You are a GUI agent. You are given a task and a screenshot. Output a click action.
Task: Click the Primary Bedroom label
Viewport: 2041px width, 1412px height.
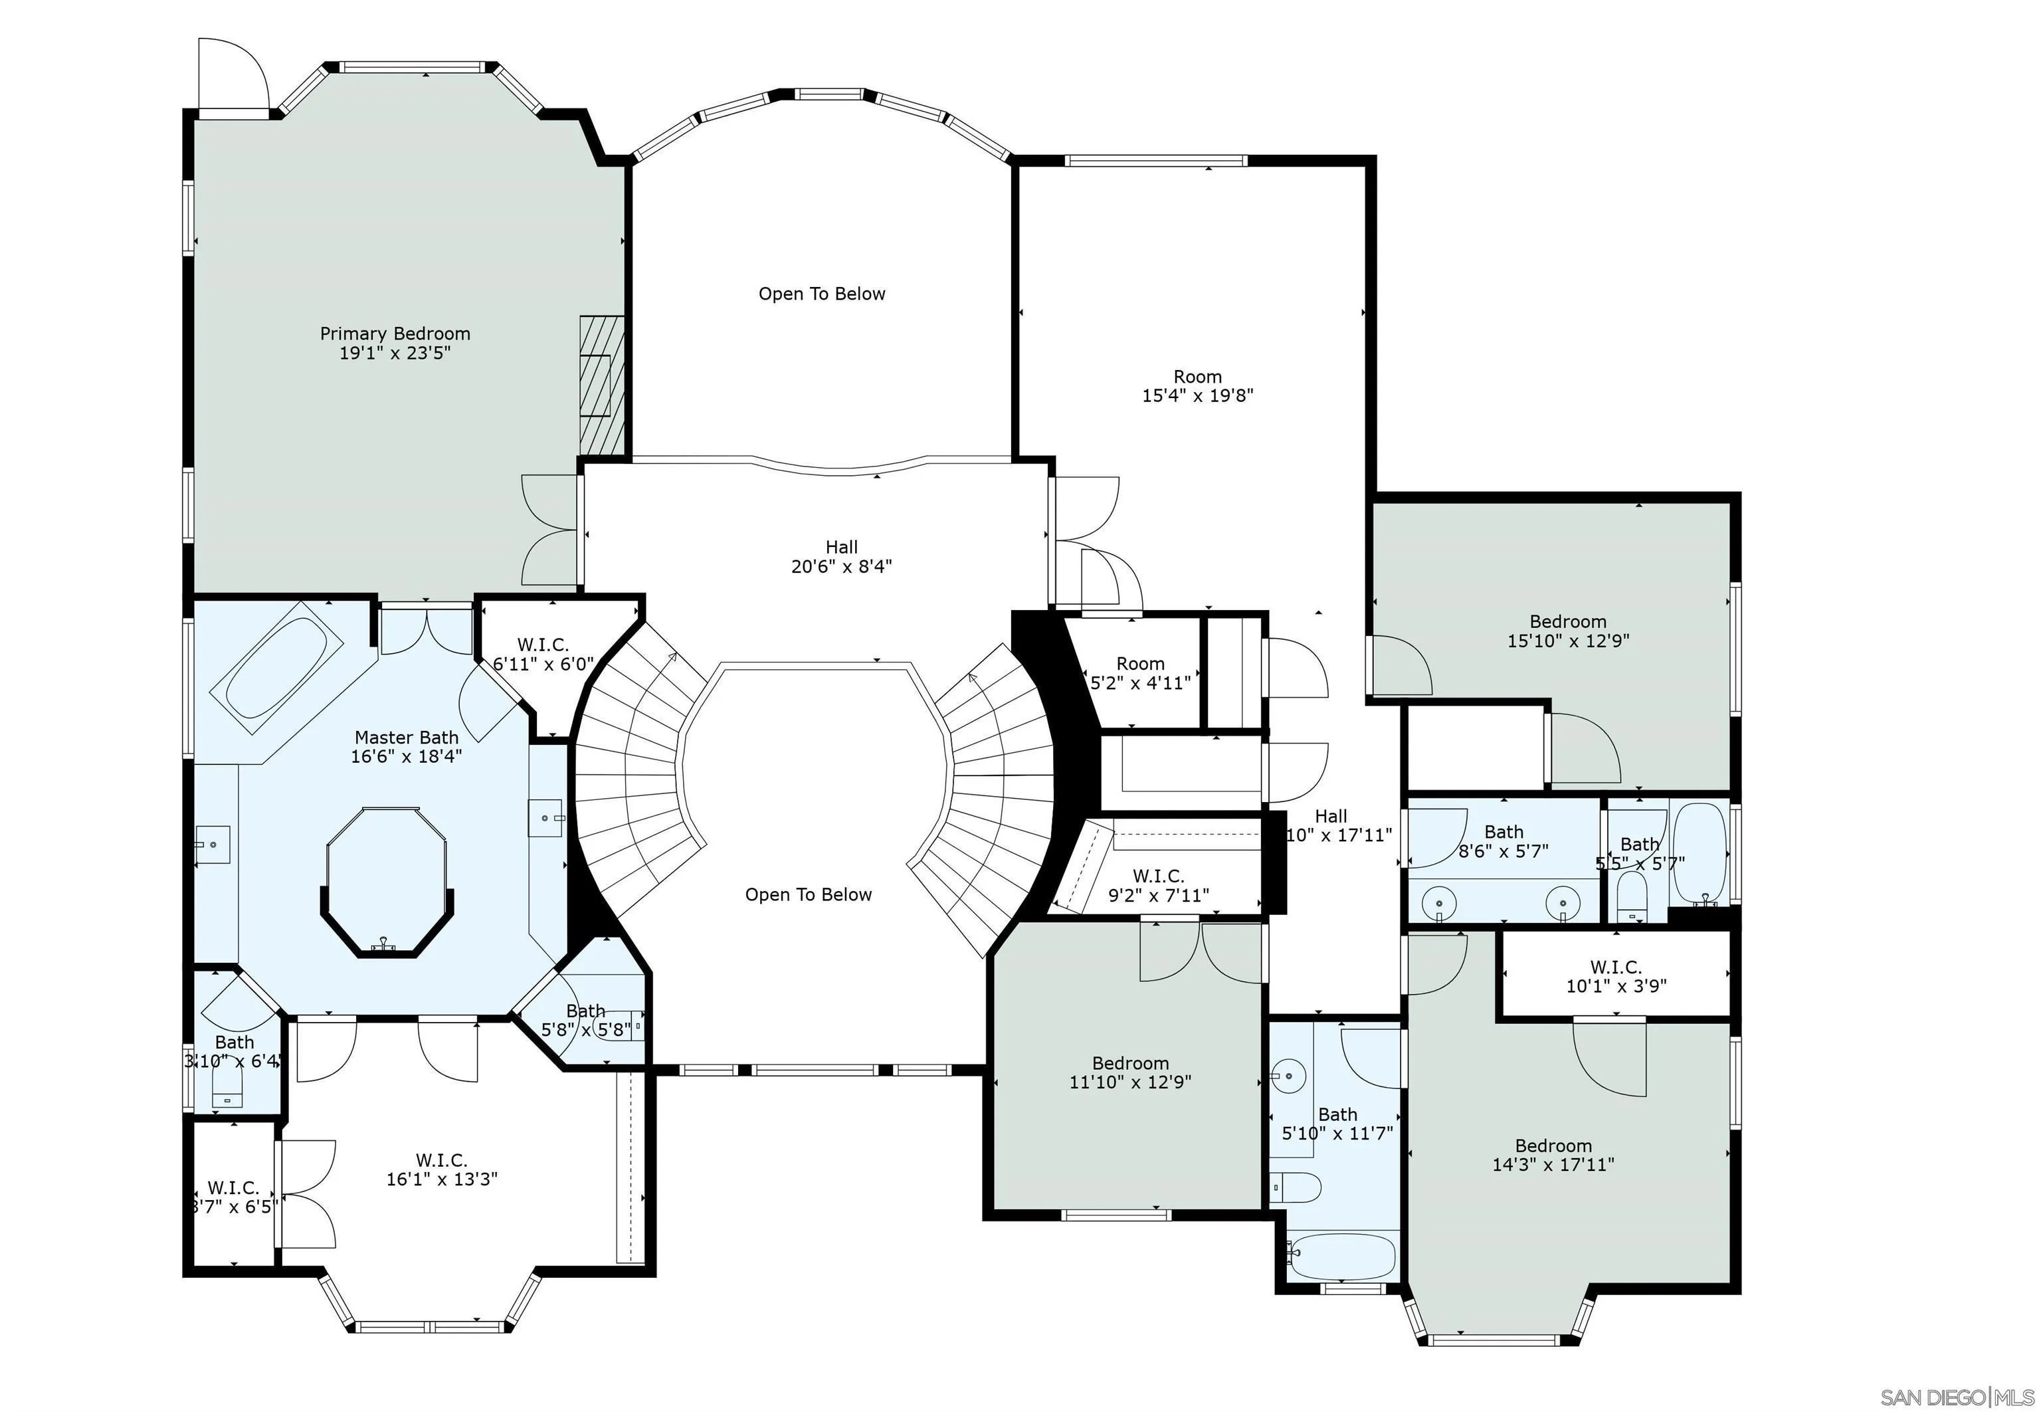(395, 342)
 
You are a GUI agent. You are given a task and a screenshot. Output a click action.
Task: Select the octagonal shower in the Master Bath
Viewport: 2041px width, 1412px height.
(386, 880)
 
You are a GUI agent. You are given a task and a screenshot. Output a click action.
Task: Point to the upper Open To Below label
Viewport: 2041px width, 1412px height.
(821, 294)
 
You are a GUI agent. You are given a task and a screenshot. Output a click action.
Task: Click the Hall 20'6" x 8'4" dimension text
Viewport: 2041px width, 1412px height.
(840, 566)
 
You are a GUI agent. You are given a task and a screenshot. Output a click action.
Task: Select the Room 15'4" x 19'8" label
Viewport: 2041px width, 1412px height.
(1197, 386)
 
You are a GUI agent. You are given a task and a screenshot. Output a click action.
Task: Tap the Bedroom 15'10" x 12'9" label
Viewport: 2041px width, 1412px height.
(1568, 631)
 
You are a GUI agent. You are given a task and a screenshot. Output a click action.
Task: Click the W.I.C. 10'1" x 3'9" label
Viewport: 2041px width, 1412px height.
(1616, 976)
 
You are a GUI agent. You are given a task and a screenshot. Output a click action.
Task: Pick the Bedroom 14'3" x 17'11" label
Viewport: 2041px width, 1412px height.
(1553, 1155)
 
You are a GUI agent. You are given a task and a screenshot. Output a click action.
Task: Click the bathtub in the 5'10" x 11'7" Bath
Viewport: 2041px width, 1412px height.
(1342, 1257)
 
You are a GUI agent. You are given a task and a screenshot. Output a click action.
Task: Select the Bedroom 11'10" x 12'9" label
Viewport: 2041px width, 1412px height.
(1129, 1072)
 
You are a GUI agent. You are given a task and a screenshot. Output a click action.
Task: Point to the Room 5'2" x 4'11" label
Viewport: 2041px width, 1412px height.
(1140, 672)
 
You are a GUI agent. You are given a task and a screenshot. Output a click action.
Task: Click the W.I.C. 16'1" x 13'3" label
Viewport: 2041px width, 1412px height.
(441, 1169)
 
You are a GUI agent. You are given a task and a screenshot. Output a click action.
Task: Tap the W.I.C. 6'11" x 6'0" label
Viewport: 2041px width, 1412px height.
(542, 655)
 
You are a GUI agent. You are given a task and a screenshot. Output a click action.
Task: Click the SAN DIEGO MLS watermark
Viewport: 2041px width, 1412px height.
(1956, 1396)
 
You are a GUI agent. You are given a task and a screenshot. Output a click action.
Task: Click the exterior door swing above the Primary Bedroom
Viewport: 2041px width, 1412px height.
(231, 75)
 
